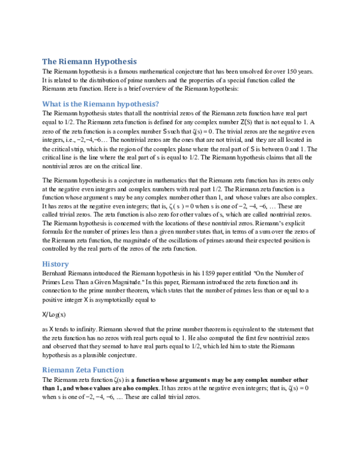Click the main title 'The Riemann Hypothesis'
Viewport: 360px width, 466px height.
[89, 61]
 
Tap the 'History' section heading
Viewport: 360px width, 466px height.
[55, 264]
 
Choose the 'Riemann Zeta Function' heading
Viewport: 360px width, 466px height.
[83, 370]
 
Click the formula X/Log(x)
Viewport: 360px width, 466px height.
[54, 314]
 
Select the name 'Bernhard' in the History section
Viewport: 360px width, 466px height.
[56, 274]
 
